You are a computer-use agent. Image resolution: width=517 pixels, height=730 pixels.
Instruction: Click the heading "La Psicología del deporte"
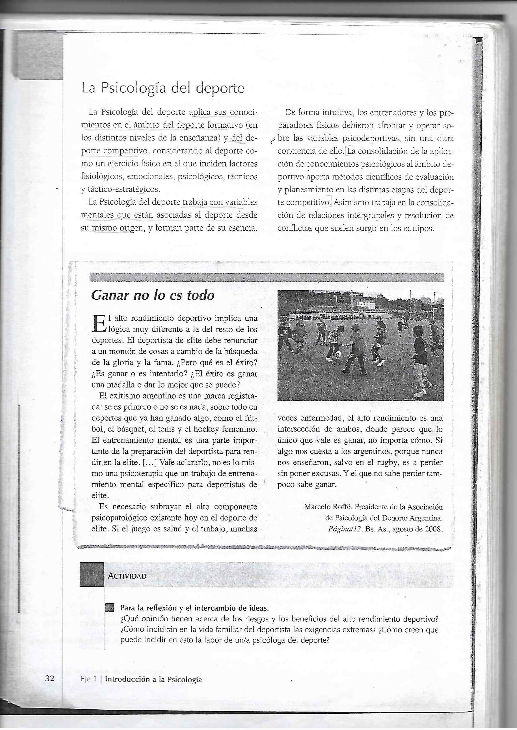point(163,88)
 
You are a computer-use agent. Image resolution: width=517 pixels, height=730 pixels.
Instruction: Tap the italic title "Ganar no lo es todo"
point(153,295)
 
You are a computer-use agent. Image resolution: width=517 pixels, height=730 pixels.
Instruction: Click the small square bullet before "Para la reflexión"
point(109,608)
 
